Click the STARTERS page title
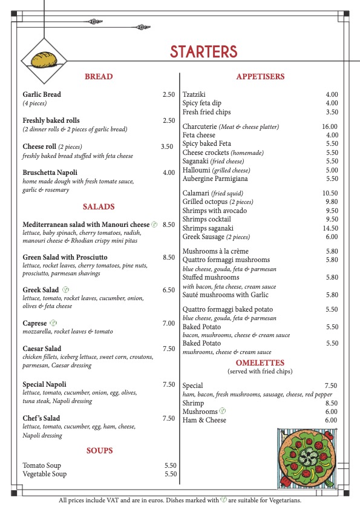tap(203, 51)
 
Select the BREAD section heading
tap(99, 77)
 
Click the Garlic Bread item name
tap(42, 94)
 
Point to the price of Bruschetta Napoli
tap(168, 172)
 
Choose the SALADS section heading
tap(99, 207)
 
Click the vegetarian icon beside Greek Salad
tap(65, 290)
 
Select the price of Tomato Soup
tap(170, 465)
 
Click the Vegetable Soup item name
tap(45, 474)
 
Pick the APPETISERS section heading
tap(260, 77)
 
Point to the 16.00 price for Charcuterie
tap(330, 126)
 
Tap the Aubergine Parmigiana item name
tap(212, 179)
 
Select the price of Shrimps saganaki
tap(330, 228)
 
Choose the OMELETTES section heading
tap(260, 363)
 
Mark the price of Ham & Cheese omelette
tap(331, 420)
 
